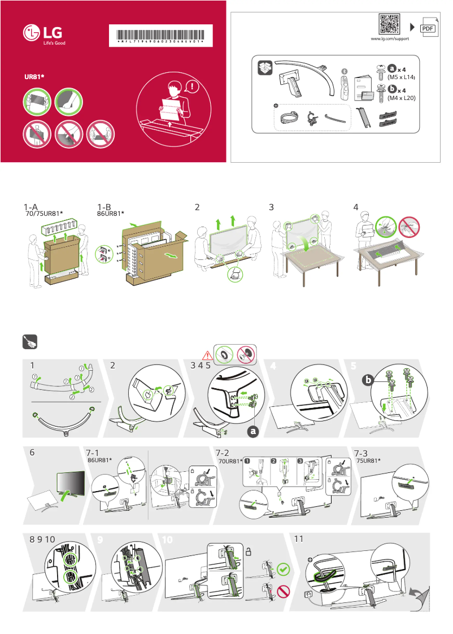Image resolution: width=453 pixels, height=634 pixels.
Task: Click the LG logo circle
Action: [x=32, y=34]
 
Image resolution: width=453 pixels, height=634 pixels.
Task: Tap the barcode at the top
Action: [x=162, y=34]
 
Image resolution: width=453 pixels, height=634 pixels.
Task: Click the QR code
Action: [x=389, y=24]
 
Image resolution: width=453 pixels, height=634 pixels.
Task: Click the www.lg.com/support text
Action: [x=389, y=39]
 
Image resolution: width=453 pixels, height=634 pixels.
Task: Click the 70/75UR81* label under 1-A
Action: [x=44, y=214]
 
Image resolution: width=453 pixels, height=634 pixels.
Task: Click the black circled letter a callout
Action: [x=251, y=431]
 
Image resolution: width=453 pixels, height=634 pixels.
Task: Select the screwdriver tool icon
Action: [x=30, y=342]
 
